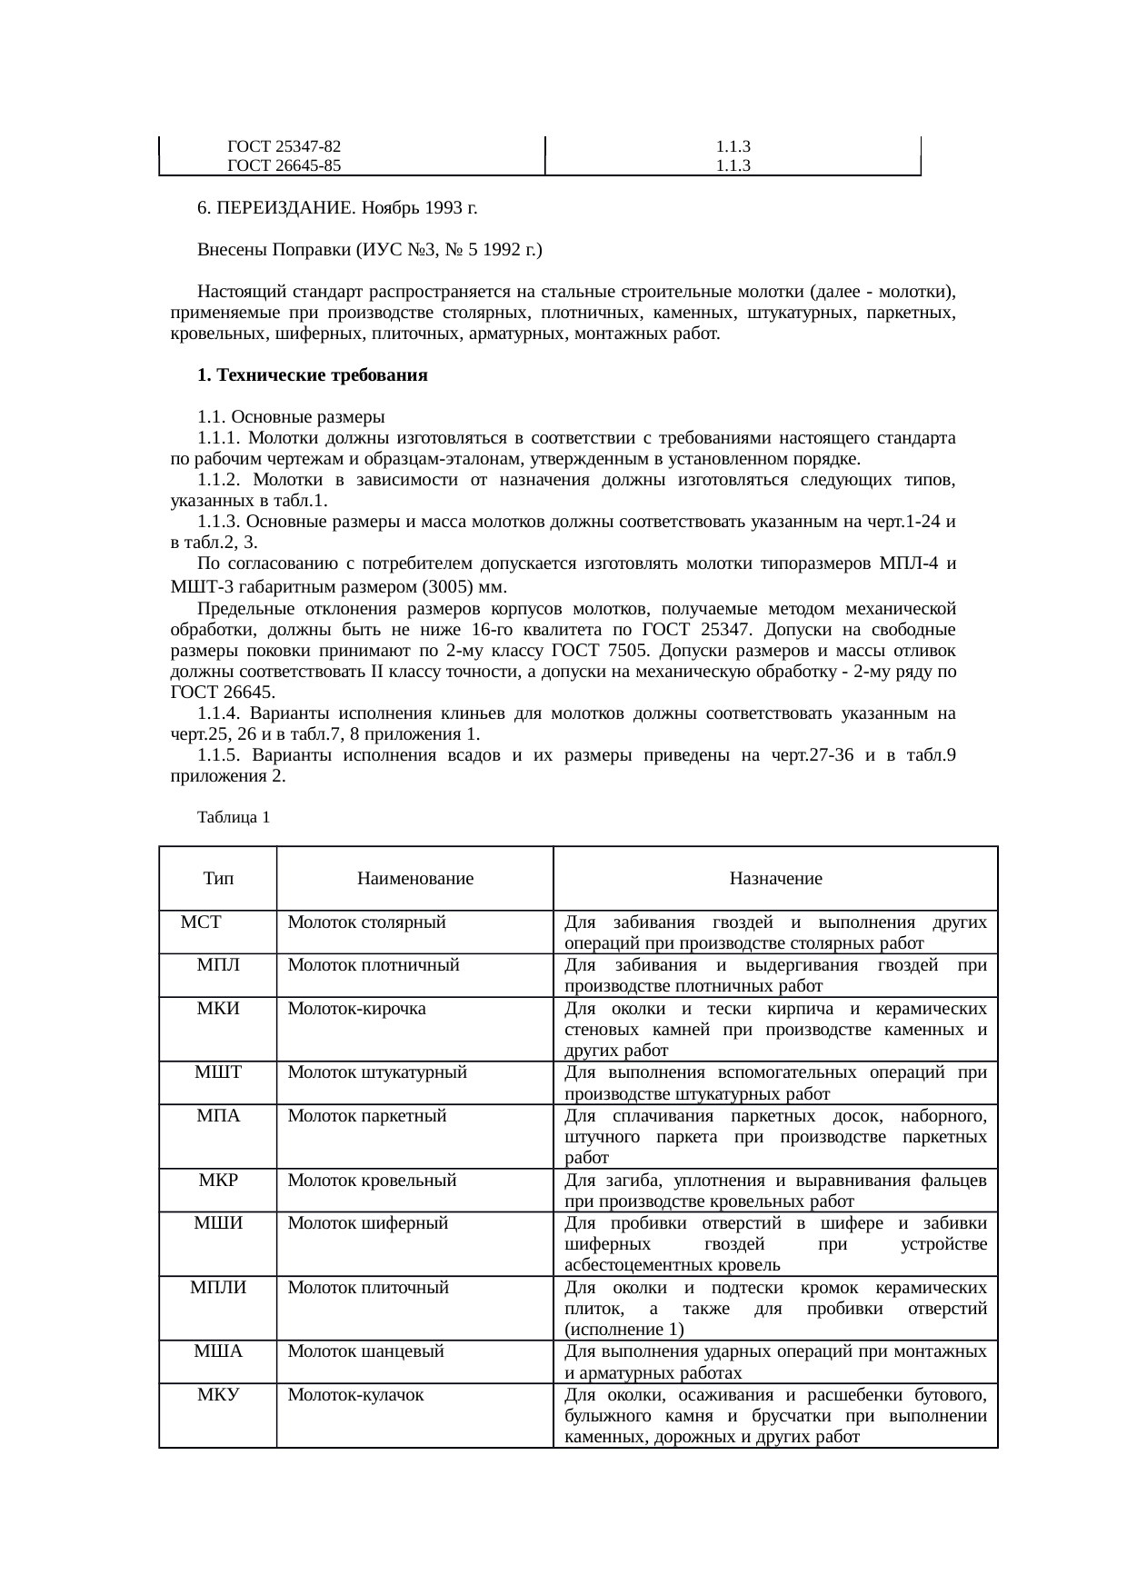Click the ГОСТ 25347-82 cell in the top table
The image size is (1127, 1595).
(x=284, y=146)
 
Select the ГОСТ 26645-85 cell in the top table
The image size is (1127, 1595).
(x=284, y=165)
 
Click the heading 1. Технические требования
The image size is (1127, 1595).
(x=312, y=375)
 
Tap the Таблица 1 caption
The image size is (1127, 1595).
(x=233, y=817)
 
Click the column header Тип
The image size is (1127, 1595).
(x=218, y=879)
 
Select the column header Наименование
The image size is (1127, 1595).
(x=415, y=879)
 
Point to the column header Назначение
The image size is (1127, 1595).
(x=775, y=879)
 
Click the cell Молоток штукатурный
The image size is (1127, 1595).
(x=377, y=1072)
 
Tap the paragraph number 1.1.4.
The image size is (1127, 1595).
(x=219, y=713)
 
